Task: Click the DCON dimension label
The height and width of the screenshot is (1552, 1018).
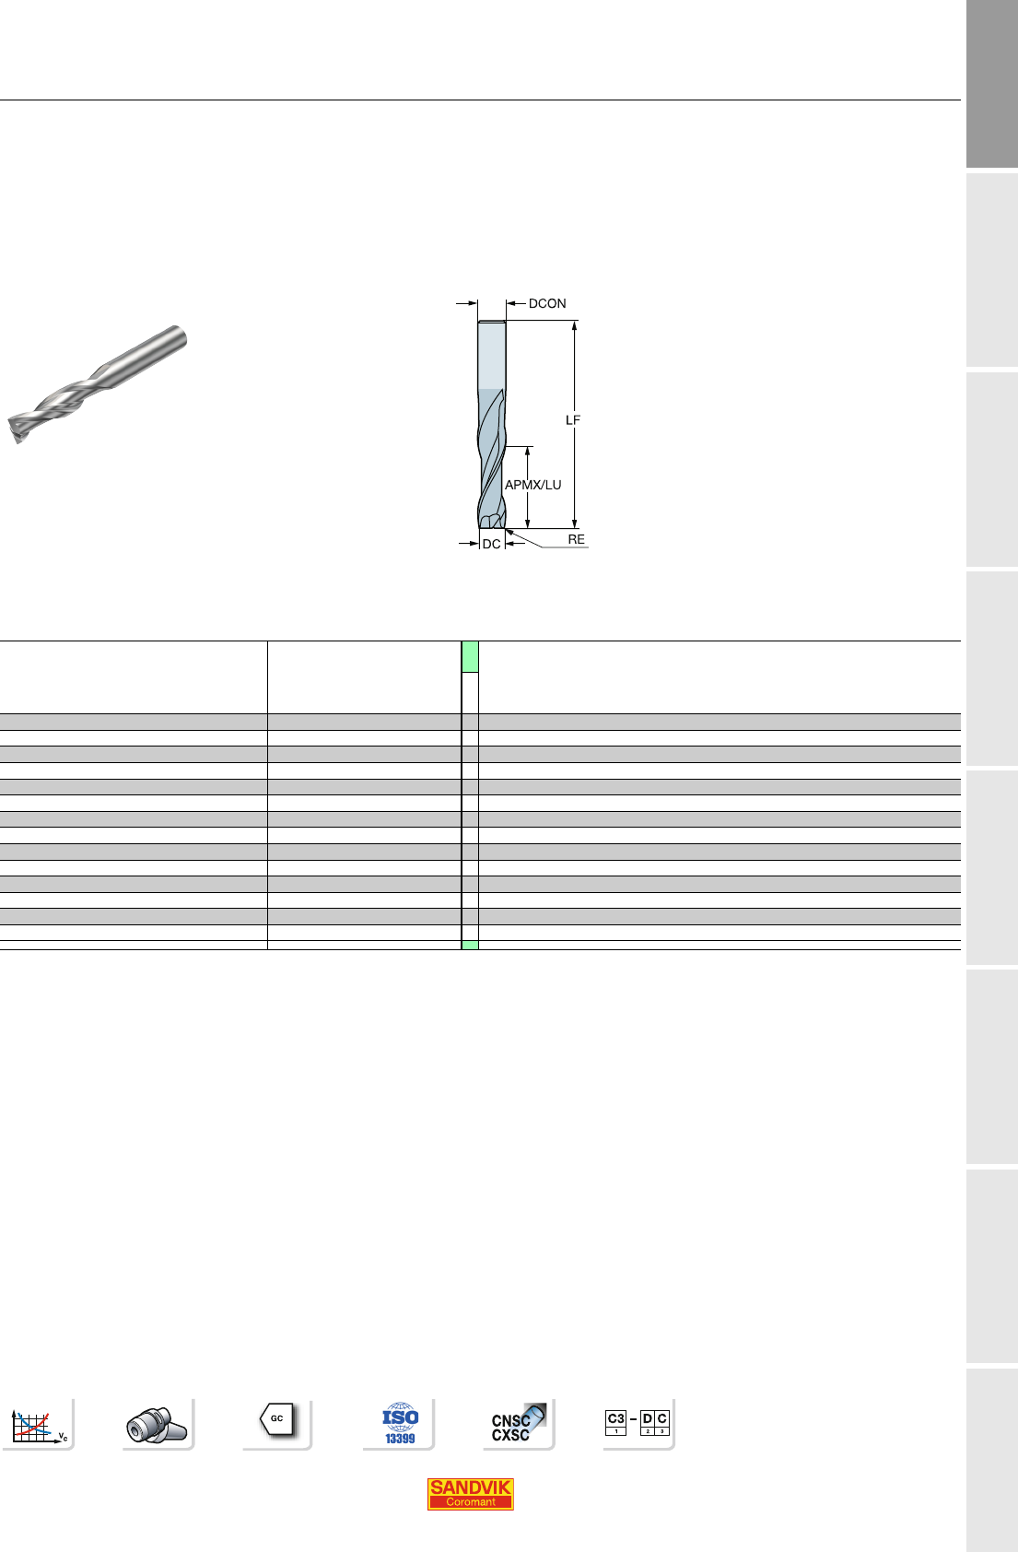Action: point(547,303)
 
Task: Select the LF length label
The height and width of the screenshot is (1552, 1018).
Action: point(573,420)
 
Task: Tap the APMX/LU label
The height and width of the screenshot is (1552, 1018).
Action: point(532,485)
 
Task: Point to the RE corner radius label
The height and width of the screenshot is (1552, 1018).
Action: point(576,539)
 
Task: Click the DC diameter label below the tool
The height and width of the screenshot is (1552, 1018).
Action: point(491,544)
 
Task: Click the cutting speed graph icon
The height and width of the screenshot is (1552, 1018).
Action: point(39,1425)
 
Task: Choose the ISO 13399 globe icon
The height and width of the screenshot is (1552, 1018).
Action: point(400,1423)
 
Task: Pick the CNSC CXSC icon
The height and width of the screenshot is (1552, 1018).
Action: point(518,1423)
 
